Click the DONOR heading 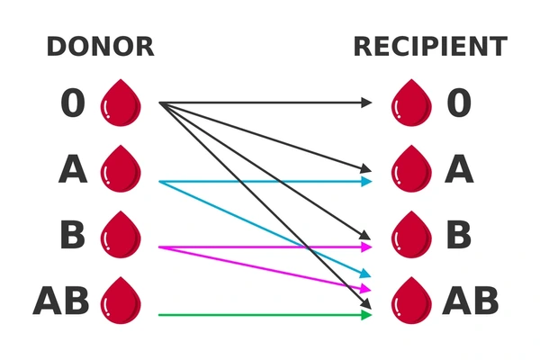[100, 47]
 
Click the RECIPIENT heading [429, 47]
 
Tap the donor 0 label [73, 103]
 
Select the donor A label [73, 169]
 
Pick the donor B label [72, 235]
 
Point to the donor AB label [61, 301]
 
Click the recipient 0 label [459, 103]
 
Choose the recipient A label [459, 169]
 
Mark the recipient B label [459, 235]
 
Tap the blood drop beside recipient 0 [409, 102]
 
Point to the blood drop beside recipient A [409, 168]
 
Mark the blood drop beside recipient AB [409, 301]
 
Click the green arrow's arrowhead [366, 314]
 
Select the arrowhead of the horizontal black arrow [365, 103]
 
